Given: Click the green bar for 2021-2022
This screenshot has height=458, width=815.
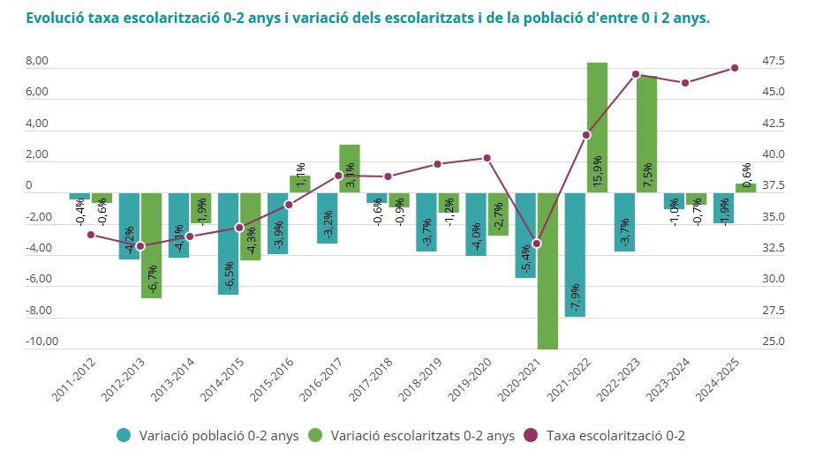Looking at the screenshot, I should (597, 128).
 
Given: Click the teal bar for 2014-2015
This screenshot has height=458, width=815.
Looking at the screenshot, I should (229, 244).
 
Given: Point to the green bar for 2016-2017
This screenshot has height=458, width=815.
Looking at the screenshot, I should (350, 169).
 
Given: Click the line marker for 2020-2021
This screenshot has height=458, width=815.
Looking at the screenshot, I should (537, 244).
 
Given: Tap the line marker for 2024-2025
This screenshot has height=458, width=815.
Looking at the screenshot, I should (735, 68).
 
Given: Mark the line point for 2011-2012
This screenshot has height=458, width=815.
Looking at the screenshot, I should (91, 234).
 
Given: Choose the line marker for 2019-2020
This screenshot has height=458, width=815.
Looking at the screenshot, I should (487, 158).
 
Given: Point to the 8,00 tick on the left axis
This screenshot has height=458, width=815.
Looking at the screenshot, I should (36, 62).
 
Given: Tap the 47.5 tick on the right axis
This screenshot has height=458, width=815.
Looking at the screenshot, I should (773, 61).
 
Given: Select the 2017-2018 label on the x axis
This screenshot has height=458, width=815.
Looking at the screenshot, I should (366, 380).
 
